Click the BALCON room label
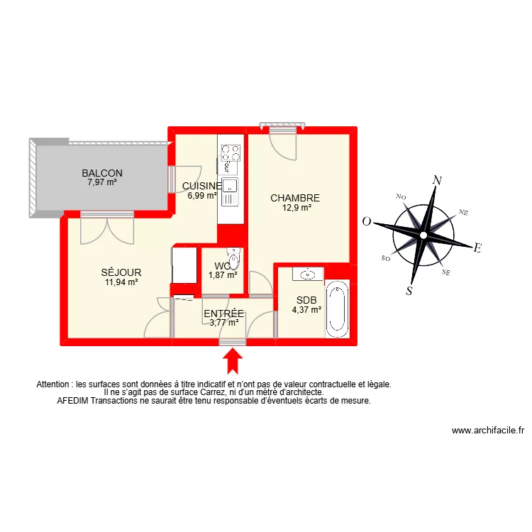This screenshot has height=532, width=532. coord(102,173)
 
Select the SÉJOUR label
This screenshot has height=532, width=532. coord(121,272)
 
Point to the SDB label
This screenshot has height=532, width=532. coord(306,299)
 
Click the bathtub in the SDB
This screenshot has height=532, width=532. coord(337,309)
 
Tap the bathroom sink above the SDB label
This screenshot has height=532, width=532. coord(309,273)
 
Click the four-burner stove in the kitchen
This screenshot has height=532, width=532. coord(230,153)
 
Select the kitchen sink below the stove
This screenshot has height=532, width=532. coord(230,187)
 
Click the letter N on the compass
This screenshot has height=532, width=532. coord(438,180)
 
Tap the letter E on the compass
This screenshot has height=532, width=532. coord(477,248)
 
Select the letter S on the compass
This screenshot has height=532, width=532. coord(410,289)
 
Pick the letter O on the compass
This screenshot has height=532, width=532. coord(367,221)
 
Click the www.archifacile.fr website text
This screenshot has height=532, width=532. coord(487,431)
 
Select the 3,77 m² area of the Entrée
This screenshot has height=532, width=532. coord(223,322)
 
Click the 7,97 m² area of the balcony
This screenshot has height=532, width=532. coord(102,182)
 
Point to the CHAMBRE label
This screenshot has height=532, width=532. coord(295,199)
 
